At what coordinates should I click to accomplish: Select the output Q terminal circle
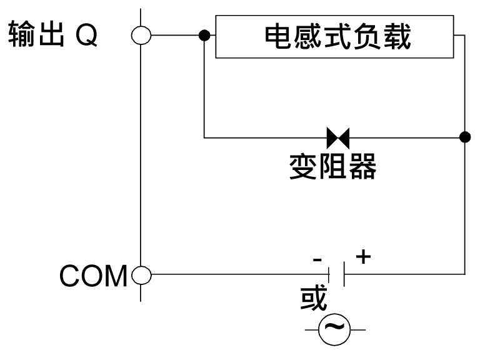coord(141,36)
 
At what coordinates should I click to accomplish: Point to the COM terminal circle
coord(141,274)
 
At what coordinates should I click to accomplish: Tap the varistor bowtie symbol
coord(338,136)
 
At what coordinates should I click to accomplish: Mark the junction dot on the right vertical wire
coord(464,136)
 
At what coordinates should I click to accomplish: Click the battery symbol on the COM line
coord(337,274)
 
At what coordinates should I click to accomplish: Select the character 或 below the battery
coord(314,299)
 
